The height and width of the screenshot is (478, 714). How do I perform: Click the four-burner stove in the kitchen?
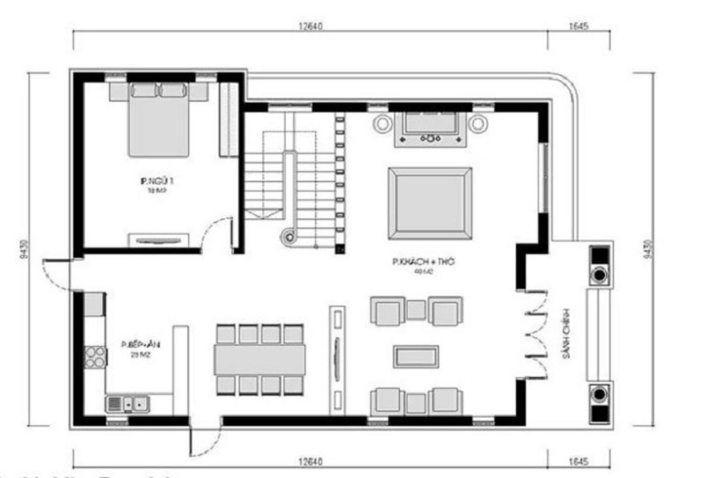tap(94, 357)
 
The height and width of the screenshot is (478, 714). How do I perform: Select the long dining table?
tap(259, 360)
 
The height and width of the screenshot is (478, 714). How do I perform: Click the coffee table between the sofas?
tap(416, 356)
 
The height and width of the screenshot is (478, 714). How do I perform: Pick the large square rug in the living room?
tap(430, 203)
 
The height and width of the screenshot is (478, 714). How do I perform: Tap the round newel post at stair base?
tap(289, 237)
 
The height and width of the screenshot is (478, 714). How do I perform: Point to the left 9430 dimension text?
tap(21, 249)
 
